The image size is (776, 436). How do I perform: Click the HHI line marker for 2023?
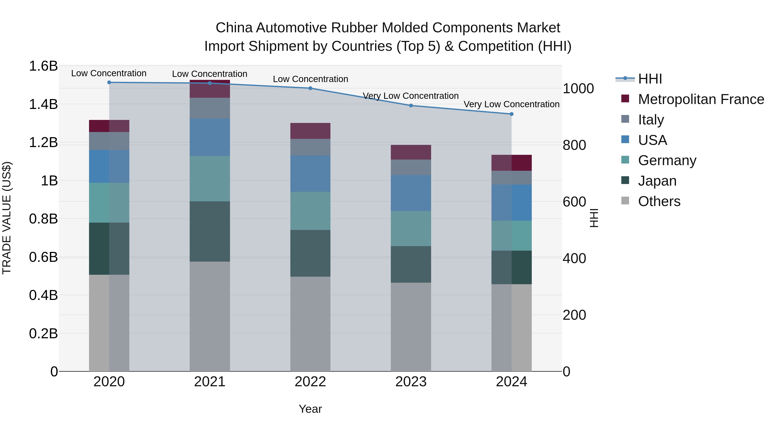[411, 106]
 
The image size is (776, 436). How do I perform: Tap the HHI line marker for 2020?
[109, 82]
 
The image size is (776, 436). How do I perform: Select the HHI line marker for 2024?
[511, 114]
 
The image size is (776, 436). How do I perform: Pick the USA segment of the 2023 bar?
[411, 193]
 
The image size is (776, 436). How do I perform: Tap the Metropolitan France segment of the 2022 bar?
[310, 131]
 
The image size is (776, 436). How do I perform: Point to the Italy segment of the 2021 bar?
[210, 108]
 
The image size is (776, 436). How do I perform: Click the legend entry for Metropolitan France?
[701, 99]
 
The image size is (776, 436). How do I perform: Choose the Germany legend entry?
[667, 160]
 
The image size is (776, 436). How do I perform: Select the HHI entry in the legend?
[650, 79]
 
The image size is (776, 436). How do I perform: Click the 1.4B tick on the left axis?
[43, 104]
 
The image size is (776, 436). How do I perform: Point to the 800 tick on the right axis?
[574, 145]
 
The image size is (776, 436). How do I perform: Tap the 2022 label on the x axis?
[310, 382]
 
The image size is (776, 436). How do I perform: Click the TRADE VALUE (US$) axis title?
[7, 218]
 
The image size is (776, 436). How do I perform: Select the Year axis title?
[310, 409]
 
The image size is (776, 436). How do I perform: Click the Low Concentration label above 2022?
[310, 79]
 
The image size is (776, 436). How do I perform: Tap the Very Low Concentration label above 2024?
[511, 104]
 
